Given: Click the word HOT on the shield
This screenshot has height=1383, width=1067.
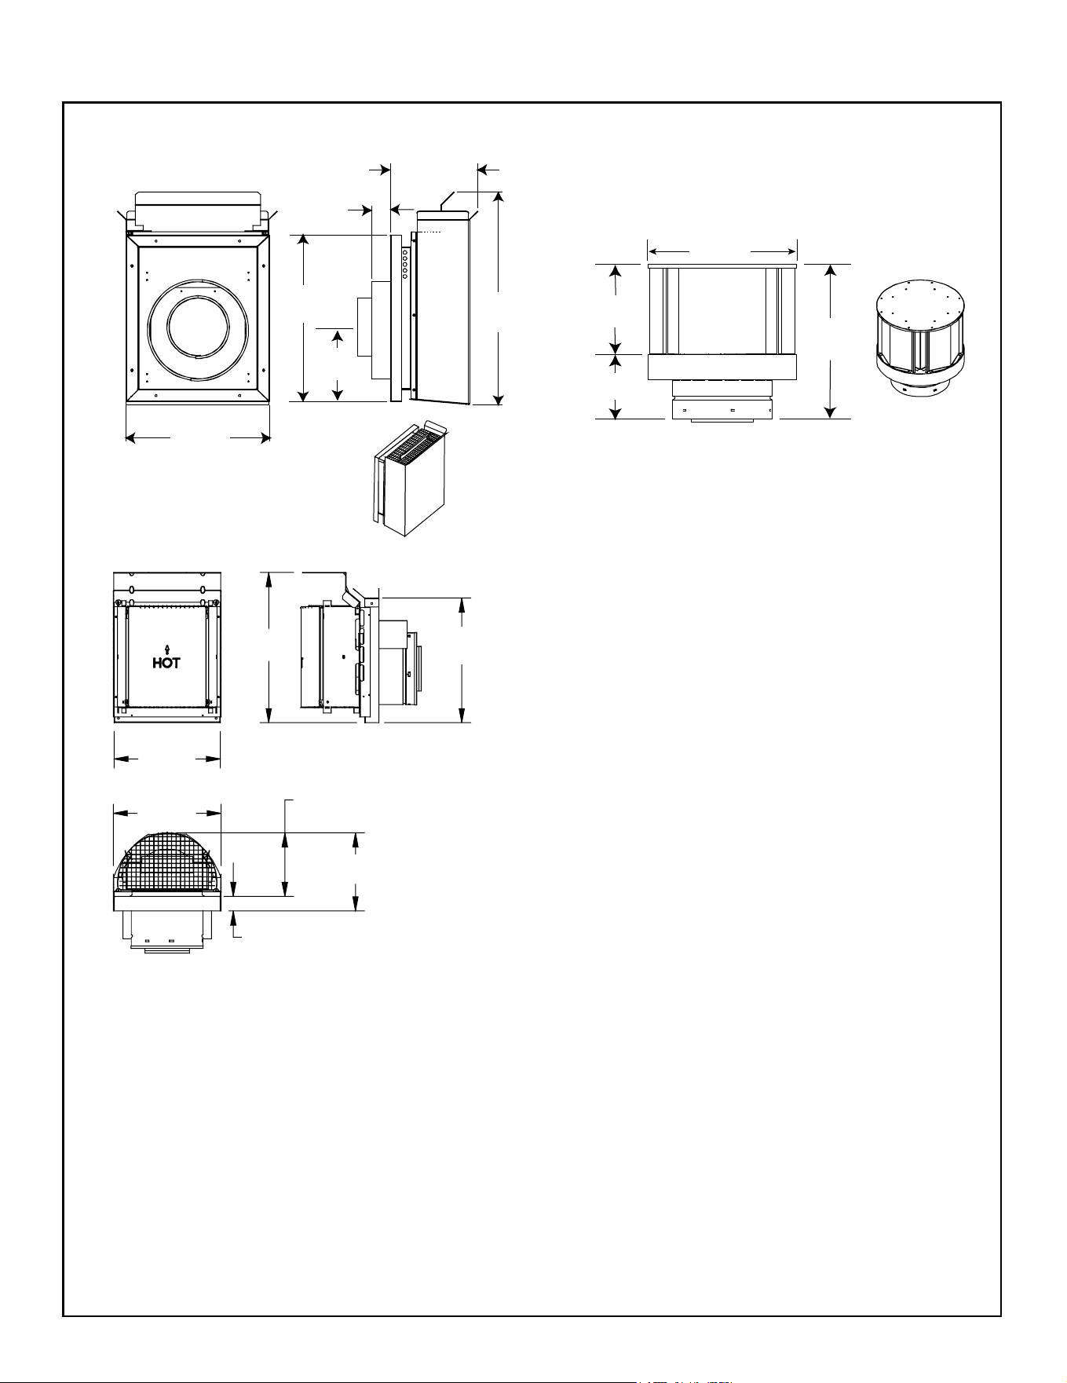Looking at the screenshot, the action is (x=166, y=662).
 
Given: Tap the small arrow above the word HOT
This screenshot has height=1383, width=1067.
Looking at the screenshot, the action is (x=166, y=648).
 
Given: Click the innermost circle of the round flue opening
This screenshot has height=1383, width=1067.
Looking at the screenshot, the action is (x=199, y=331).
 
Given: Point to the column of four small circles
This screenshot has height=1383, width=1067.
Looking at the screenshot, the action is (x=405, y=263).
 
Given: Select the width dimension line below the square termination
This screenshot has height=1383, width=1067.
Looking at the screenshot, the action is (x=198, y=437).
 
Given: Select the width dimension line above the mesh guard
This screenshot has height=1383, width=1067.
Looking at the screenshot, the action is (x=167, y=813).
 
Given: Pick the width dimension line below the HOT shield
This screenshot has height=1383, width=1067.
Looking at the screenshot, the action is (x=167, y=759).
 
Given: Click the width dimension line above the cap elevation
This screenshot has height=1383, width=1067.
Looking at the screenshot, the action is (x=722, y=251).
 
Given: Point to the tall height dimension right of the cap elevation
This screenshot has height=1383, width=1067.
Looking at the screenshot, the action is (x=831, y=341).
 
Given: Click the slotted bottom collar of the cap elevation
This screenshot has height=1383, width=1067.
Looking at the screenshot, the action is (x=722, y=409).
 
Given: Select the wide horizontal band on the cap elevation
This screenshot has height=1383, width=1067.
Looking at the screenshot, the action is (x=722, y=367).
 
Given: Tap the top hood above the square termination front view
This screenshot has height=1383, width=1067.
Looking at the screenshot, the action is (x=199, y=210).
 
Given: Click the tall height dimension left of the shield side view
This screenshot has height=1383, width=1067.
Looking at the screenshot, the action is (x=269, y=648).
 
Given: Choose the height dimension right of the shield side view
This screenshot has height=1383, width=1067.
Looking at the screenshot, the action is (x=463, y=660).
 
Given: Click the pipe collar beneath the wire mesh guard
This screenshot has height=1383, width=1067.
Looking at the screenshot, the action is (x=167, y=931).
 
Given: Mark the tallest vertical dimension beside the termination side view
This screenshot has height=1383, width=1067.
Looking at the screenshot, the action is (x=498, y=298).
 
